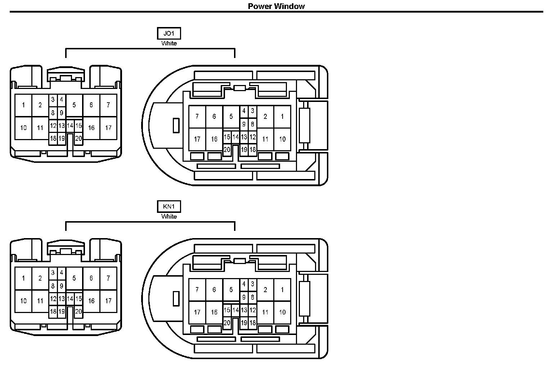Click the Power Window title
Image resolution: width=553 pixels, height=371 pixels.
click(276, 6)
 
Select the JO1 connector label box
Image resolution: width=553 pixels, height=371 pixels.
click(169, 33)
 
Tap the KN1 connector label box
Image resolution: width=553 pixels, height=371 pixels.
click(169, 207)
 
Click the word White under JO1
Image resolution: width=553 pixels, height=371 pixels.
click(169, 43)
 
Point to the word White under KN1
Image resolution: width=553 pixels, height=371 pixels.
click(169, 216)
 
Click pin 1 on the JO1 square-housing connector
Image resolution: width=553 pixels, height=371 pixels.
click(23, 105)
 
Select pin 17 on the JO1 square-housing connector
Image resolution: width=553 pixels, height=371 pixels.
click(108, 128)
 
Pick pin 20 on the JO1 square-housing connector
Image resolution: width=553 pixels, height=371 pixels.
click(78, 138)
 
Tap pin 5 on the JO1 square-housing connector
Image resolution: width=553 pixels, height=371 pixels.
click(74, 105)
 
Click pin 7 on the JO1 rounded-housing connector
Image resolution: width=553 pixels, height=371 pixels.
click(197, 116)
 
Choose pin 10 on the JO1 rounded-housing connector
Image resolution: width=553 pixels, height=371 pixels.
click(282, 139)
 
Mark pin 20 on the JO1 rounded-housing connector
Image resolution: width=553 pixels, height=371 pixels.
click(227, 150)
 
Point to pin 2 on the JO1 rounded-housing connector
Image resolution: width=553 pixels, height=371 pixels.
click(265, 116)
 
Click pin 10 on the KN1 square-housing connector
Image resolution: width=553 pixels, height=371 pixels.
click(23, 301)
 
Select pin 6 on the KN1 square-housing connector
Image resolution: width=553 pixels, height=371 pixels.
click(91, 278)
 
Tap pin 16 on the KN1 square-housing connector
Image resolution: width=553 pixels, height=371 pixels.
click(91, 301)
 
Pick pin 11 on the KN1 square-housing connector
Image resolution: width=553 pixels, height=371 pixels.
click(40, 301)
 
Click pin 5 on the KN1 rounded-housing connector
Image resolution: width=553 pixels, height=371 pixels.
click(231, 290)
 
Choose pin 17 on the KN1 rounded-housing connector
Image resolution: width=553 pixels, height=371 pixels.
click(197, 312)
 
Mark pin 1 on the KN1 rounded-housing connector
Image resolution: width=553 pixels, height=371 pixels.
click(282, 290)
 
